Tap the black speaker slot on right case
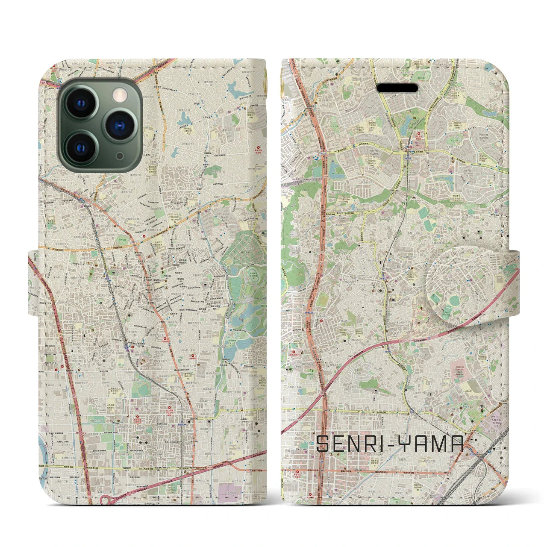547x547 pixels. click(x=397, y=88)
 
